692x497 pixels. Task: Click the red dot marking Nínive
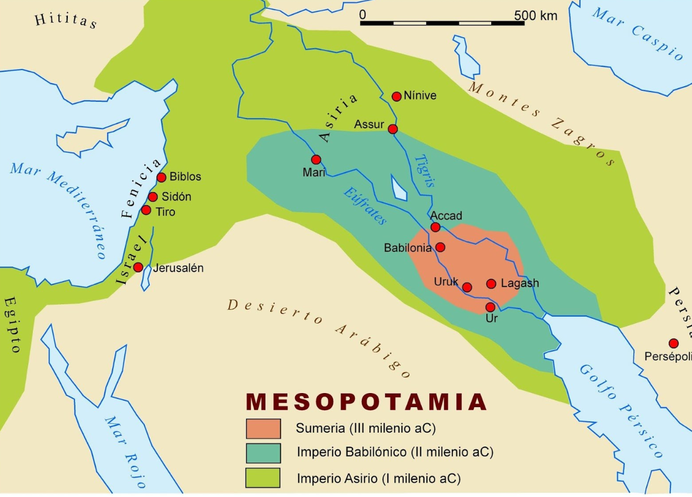[x=396, y=96]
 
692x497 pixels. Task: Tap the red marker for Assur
[x=393, y=129]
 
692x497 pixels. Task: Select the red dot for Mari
[x=316, y=159]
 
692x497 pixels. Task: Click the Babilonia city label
[x=408, y=248]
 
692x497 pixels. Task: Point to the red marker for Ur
[x=490, y=307]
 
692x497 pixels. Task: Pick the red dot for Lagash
[x=491, y=283]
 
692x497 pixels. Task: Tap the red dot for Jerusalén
[x=138, y=267]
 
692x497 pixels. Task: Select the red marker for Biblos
[x=161, y=177]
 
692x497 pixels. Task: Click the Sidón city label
[x=176, y=197]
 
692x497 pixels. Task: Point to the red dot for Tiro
[x=146, y=209]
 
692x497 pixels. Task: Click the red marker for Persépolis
[x=673, y=343]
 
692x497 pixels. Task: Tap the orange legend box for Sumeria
[x=263, y=429]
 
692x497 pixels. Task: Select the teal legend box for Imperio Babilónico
[x=263, y=453]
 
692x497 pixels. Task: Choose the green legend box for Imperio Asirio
[x=263, y=477]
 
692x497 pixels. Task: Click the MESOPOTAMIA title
[x=366, y=402]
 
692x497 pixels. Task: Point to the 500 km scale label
[x=535, y=16]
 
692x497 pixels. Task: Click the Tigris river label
[x=424, y=169]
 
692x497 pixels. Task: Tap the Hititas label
[x=65, y=22]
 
